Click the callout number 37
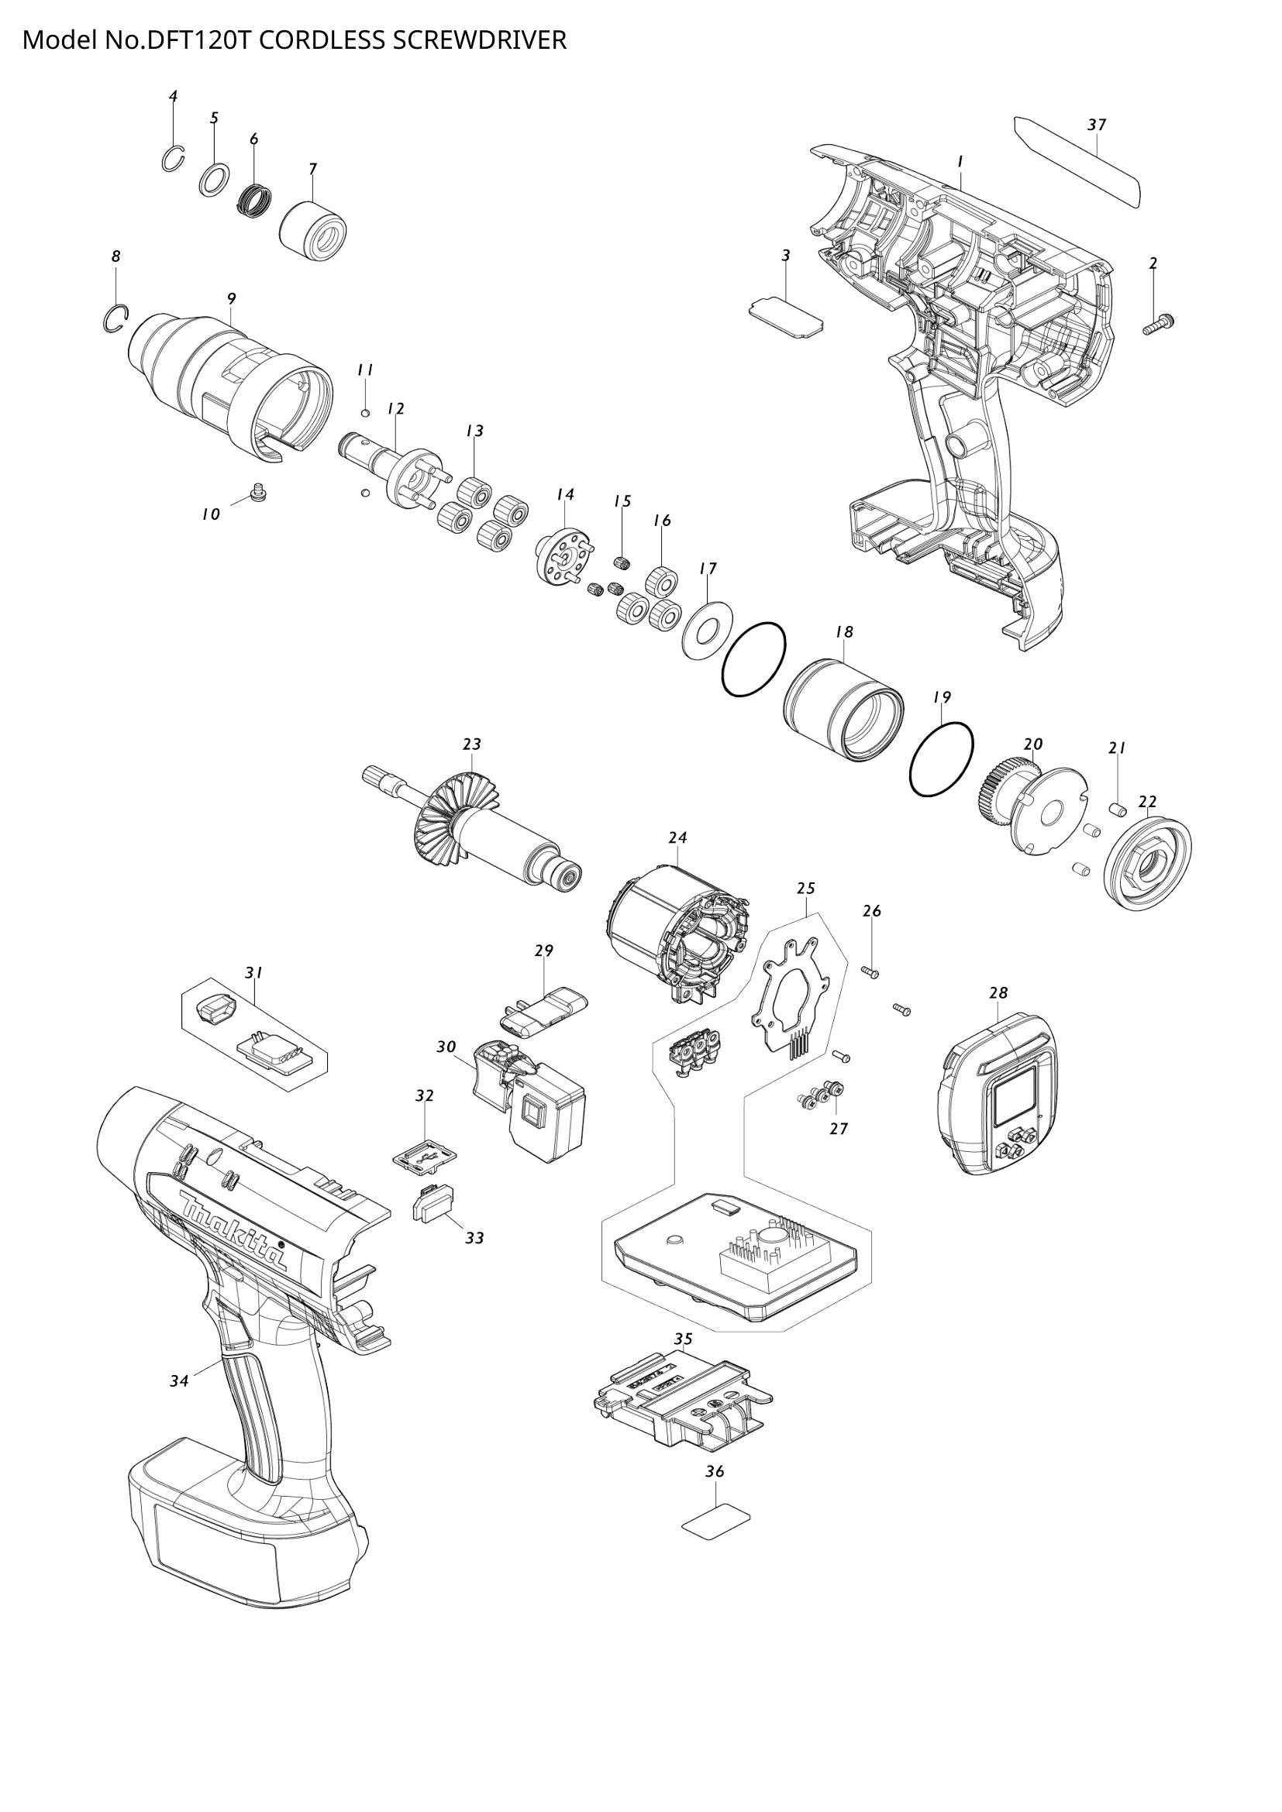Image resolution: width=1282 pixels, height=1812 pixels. pos(1097,125)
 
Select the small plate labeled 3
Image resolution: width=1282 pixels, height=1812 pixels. pos(785,317)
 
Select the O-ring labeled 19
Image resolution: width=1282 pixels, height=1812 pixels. pos(942,758)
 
